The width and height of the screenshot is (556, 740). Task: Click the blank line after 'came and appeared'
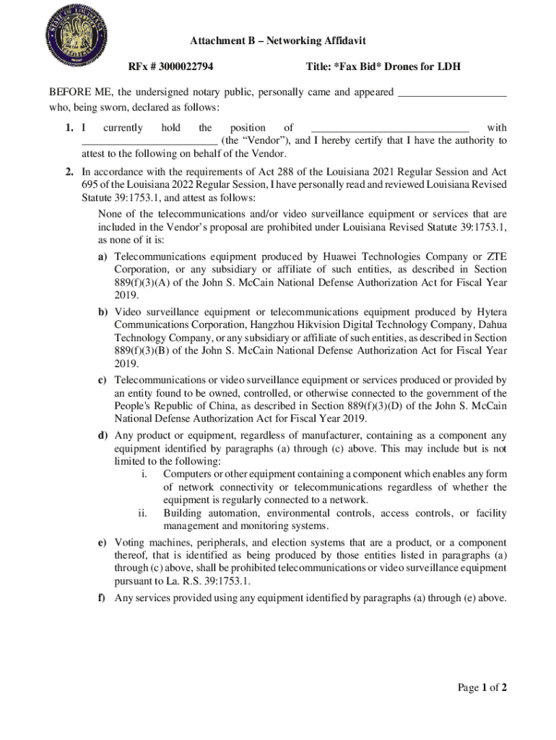452,93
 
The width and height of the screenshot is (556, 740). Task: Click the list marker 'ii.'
142,513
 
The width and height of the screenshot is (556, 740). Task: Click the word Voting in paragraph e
130,542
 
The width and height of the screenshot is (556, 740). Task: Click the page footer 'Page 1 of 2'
482,687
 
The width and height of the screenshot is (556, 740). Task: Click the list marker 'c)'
103,379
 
